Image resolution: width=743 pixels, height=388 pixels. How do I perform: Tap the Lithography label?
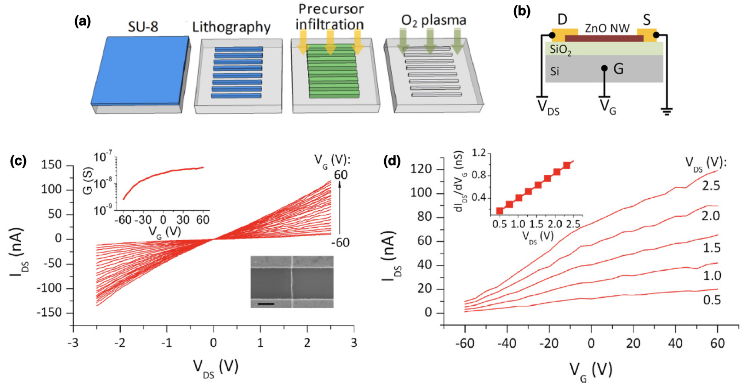click(x=231, y=27)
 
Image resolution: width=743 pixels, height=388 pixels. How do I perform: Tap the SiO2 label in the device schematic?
click(x=560, y=50)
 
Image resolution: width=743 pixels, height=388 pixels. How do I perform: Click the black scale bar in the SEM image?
click(x=266, y=304)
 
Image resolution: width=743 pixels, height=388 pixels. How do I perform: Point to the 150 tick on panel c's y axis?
click(x=51, y=165)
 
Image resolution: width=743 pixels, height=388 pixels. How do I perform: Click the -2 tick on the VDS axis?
click(x=120, y=343)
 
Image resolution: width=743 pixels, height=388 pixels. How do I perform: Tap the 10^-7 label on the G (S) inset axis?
click(x=103, y=157)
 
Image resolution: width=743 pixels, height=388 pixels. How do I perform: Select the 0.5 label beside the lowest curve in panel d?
click(x=711, y=300)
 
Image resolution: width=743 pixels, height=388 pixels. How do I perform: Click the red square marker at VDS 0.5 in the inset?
click(x=500, y=211)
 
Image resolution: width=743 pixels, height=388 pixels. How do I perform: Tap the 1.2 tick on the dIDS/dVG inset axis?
click(x=479, y=153)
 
